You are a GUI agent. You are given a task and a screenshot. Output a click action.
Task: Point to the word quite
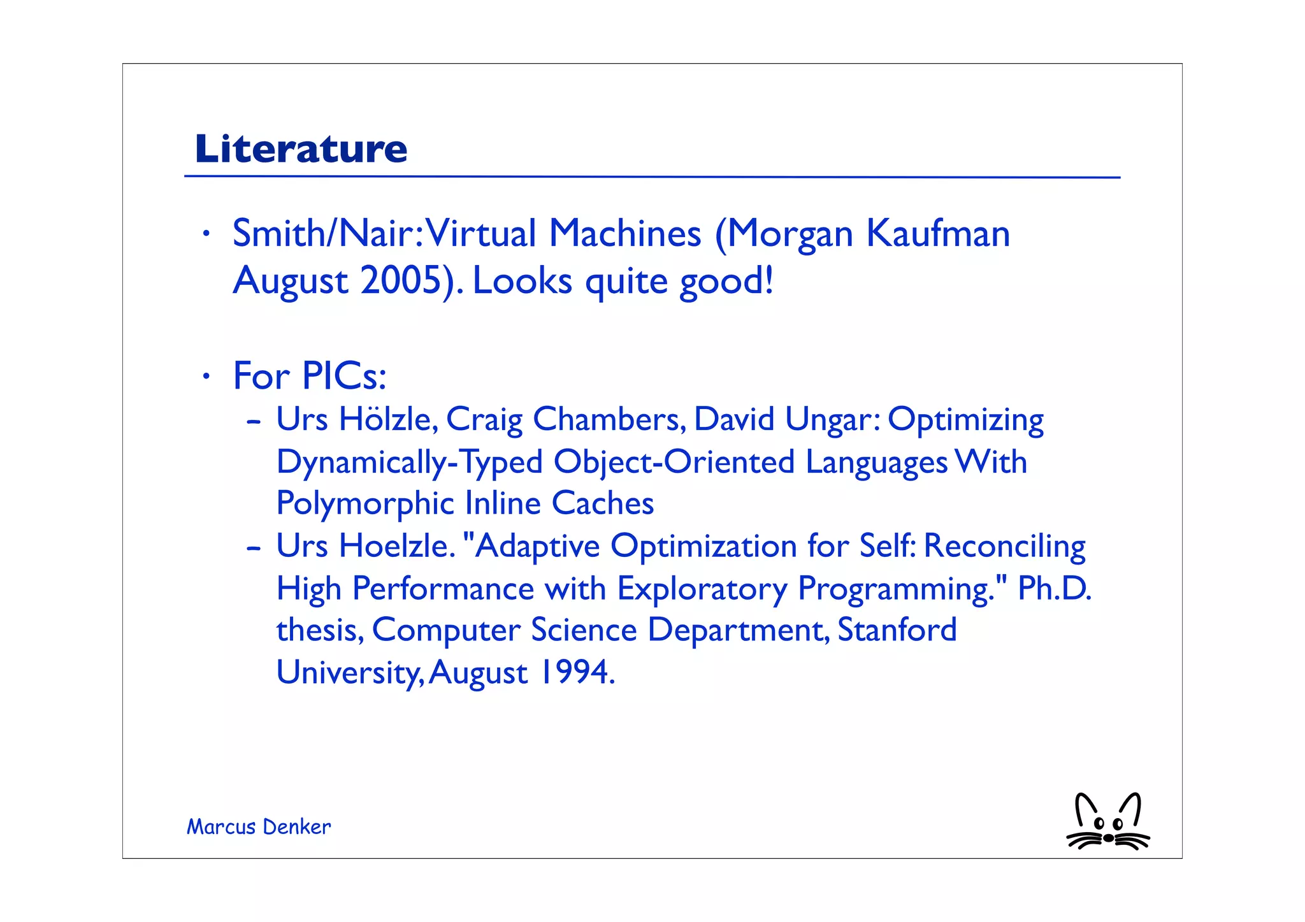coord(626,281)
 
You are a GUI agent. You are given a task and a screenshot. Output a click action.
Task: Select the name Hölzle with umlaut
coord(388,419)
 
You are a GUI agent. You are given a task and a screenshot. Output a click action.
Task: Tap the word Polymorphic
coord(364,504)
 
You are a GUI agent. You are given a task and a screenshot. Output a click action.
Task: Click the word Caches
coord(602,503)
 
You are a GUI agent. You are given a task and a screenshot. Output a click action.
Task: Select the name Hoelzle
coord(397,546)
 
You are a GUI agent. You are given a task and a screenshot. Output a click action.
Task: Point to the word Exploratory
coord(702,589)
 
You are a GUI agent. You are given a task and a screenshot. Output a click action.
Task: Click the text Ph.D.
coord(1054,588)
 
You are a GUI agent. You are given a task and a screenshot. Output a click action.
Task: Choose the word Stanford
coord(897,630)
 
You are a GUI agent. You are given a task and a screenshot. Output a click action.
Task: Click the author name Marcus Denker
coord(259,827)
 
